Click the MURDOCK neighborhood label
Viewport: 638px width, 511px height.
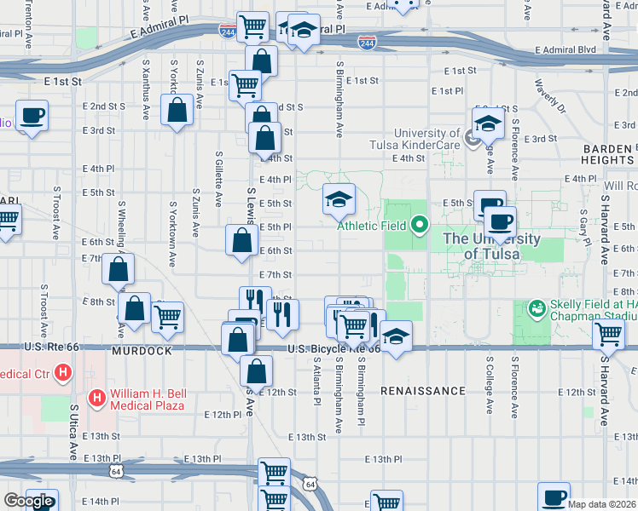click(141, 351)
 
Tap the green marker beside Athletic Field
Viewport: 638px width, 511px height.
click(419, 225)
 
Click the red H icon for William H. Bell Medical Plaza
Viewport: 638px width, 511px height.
click(98, 398)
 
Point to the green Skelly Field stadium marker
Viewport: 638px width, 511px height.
click(536, 306)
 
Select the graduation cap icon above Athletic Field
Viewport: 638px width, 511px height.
click(339, 200)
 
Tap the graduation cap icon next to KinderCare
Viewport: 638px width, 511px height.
click(488, 123)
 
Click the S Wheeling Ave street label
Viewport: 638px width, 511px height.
click(122, 226)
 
